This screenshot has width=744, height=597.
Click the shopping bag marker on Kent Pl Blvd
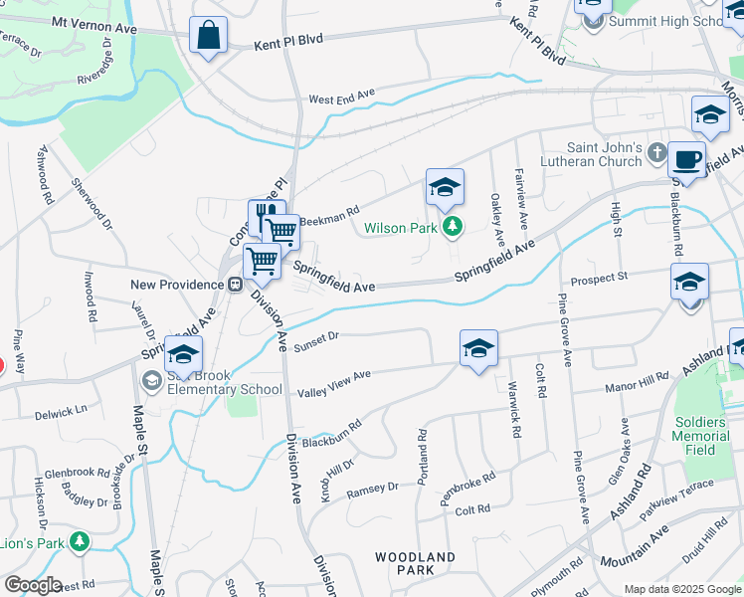point(209,37)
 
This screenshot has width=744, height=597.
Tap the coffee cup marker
point(686,158)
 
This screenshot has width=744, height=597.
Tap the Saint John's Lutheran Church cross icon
point(655,152)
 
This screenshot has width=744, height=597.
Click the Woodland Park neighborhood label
point(416,563)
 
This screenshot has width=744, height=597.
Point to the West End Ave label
point(341,98)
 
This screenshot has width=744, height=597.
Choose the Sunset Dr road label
point(317,340)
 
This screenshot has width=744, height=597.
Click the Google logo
point(32,584)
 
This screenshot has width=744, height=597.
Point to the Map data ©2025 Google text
point(681,589)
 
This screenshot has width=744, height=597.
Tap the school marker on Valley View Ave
point(478,348)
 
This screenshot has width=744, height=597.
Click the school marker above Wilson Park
point(445,186)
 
